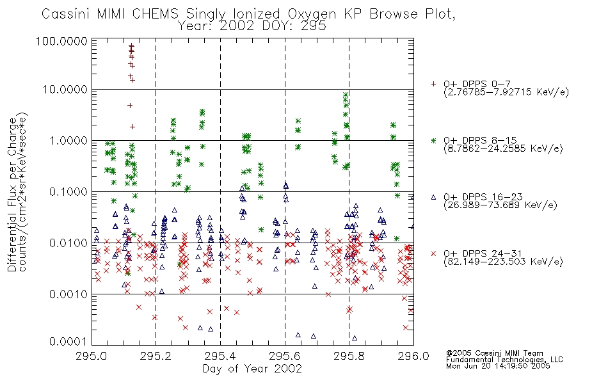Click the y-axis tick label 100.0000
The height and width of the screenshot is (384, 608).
pyautogui.click(x=61, y=41)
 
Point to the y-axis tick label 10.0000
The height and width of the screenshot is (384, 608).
pyautogui.click(x=65, y=90)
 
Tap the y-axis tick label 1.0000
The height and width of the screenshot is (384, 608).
pyautogui.click(x=68, y=140)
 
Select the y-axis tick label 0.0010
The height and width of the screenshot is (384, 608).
pyautogui.click(x=68, y=294)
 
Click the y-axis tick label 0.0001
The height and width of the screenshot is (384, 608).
pyautogui.click(x=68, y=341)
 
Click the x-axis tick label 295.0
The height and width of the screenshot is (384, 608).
pyautogui.click(x=92, y=356)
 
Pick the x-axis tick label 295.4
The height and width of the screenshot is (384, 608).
pyautogui.click(x=220, y=356)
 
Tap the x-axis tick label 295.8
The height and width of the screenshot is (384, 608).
pyautogui.click(x=349, y=356)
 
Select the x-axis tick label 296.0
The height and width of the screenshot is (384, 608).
pyautogui.click(x=413, y=356)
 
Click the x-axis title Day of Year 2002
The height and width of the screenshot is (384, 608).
pyautogui.click(x=252, y=369)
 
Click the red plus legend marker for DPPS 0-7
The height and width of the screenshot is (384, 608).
pyautogui.click(x=433, y=83)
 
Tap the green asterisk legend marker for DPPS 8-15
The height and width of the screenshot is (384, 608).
pyautogui.click(x=433, y=140)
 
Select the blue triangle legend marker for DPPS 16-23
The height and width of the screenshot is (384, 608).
pyautogui.click(x=433, y=197)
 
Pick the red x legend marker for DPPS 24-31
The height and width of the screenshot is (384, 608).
pyautogui.click(x=433, y=253)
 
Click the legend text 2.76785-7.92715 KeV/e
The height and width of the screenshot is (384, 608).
pyautogui.click(x=506, y=92)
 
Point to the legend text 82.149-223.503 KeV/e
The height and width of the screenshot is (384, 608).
pyautogui.click(x=503, y=261)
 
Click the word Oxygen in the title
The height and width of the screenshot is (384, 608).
pyautogui.click(x=312, y=14)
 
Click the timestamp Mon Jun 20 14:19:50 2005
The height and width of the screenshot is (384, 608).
pyautogui.click(x=498, y=365)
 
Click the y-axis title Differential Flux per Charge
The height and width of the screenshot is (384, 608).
pyautogui.click(x=13, y=195)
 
